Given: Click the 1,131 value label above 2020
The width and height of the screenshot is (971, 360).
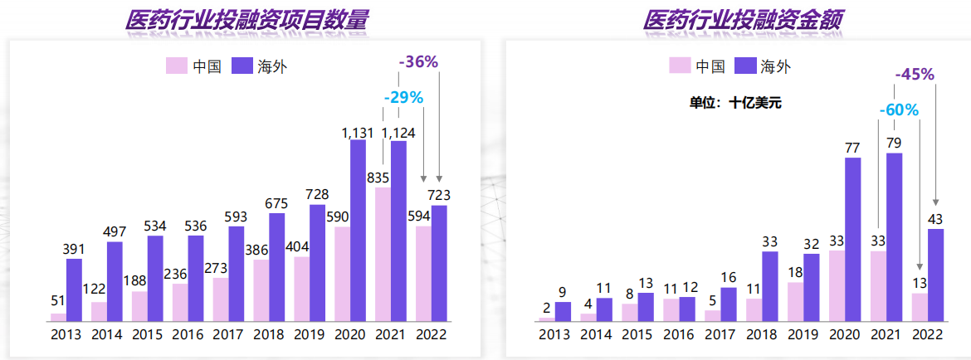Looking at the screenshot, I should click(358, 132).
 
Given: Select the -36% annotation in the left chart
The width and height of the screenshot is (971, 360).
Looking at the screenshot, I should click(418, 62).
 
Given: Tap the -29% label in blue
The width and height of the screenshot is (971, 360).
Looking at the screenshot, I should click(403, 98).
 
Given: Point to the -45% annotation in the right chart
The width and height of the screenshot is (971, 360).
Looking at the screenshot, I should click(915, 74).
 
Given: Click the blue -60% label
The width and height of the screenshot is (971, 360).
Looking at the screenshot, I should click(898, 109).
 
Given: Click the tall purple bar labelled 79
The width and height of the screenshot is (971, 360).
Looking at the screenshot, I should click(894, 236).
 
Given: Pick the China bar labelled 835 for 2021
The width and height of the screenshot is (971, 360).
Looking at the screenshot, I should click(383, 254).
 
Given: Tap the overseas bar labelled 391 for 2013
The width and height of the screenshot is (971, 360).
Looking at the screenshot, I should click(75, 289).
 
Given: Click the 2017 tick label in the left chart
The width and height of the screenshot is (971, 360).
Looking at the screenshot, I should click(228, 335).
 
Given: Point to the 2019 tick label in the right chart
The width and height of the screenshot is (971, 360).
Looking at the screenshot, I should click(803, 335).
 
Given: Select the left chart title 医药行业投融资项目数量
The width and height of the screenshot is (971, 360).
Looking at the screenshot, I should click(246, 21).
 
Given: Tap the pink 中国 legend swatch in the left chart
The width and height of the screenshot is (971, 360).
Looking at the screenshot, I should click(176, 66).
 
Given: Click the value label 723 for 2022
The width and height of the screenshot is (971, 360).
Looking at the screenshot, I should click(439, 196).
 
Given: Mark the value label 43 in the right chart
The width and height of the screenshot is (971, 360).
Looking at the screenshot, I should click(935, 219).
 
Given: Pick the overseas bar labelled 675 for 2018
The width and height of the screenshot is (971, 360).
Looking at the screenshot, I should click(277, 266).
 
